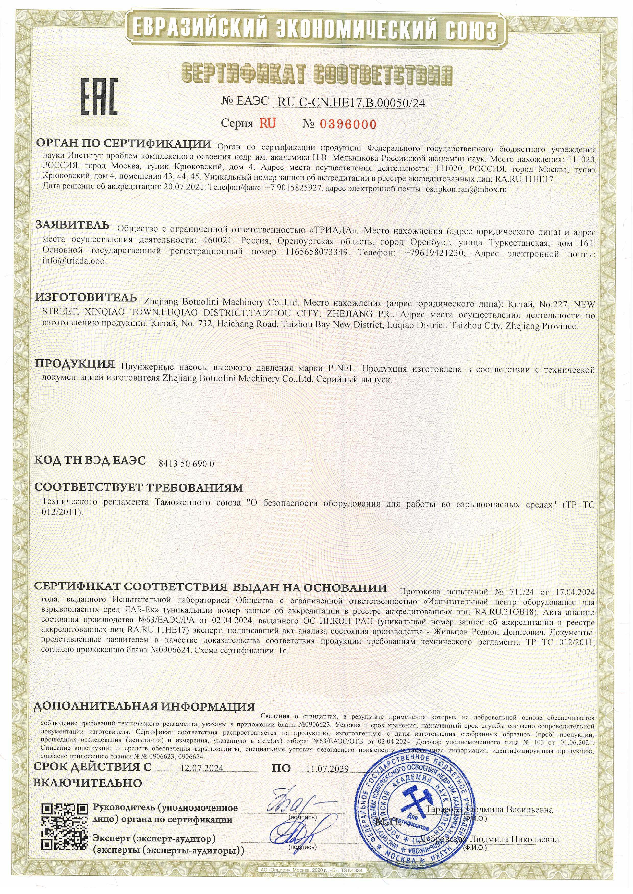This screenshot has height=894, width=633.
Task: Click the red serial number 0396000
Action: point(348,125)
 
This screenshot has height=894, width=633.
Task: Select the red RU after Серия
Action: point(267,123)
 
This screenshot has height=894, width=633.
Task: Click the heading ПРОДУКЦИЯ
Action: point(75,364)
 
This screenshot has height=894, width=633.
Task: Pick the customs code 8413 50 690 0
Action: point(186,464)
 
